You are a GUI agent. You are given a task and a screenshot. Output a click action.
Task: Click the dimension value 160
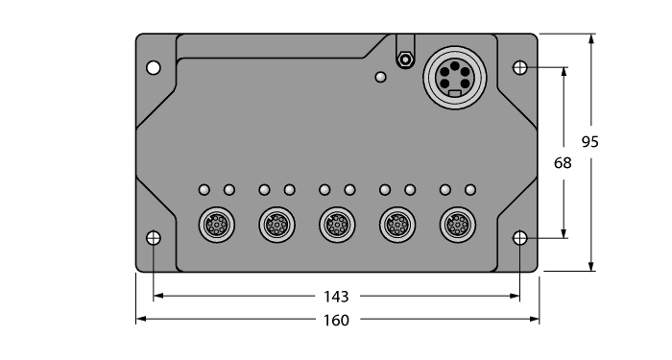pos(336,320)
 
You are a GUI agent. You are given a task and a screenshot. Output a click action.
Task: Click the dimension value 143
pos(336,296)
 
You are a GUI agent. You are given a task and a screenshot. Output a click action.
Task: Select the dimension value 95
pos(591,141)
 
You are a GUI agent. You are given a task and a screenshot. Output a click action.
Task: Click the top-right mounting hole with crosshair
pos(519,68)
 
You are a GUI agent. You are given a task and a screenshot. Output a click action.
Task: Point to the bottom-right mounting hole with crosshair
pos(519,238)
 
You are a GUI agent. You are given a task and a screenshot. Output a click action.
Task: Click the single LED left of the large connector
pos(381,78)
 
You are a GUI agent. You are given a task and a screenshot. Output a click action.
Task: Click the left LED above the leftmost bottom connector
pos(204,189)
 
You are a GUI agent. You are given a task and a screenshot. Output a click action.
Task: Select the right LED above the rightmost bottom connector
pos(469,189)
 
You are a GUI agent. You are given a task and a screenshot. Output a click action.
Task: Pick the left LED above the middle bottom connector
pos(324,189)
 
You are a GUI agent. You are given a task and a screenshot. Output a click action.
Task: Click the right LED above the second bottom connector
pos(289,189)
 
